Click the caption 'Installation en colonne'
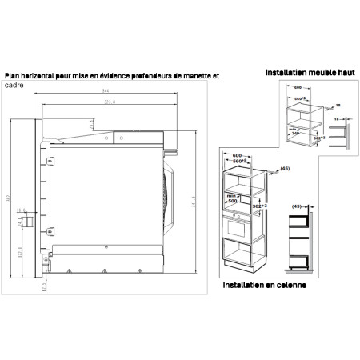pyautogui.click(x=265, y=285)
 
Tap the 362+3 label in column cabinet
pyautogui.click(x=258, y=206)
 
